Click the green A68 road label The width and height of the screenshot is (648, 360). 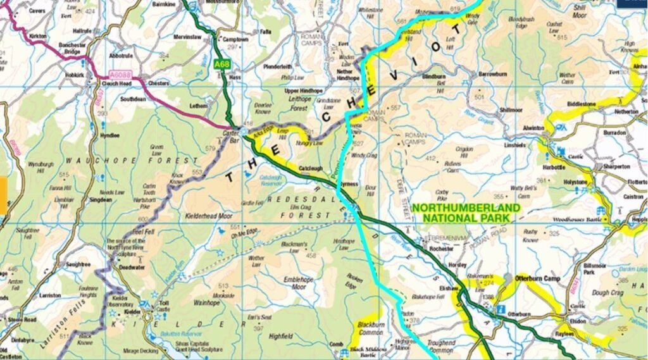[221, 64]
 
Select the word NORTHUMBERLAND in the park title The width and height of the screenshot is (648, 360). [466, 208]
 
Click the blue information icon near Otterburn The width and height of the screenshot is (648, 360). [500, 309]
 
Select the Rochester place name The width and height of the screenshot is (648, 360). [441, 249]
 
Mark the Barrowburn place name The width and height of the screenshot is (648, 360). [493, 73]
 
